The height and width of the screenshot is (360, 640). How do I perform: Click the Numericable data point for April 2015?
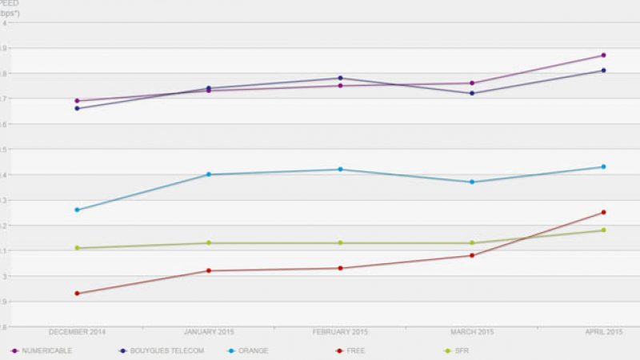point(603,55)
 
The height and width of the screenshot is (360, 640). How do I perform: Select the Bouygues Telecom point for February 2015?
point(340,78)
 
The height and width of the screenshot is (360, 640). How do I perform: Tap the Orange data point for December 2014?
point(77,210)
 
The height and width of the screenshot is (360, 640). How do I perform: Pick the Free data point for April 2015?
point(603,212)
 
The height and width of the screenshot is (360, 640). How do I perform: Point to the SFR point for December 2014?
point(77,248)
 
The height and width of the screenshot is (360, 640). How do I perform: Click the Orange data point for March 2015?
point(472,182)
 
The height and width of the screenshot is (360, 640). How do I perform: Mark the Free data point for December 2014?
point(77,294)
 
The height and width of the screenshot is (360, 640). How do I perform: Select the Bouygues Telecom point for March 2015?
point(472,94)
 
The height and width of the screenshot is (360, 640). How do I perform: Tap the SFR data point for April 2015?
point(603,230)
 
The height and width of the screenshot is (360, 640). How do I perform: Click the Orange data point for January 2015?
point(209,174)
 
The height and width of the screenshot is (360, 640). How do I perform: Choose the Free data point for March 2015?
point(472,255)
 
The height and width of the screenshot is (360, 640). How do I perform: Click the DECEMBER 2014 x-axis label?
point(77,331)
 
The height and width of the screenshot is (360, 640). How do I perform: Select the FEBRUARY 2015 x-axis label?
point(340,331)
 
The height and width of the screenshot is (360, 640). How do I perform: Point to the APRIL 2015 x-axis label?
point(603,331)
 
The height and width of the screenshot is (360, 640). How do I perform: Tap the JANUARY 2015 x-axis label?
point(209,331)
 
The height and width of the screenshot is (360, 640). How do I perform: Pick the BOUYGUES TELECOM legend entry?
point(160,350)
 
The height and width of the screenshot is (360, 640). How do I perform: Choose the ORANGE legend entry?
point(248,350)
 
